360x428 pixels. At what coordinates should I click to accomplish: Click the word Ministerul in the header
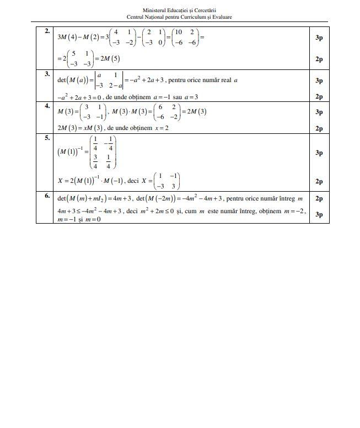154,10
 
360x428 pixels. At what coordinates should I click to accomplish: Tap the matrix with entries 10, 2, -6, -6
185,37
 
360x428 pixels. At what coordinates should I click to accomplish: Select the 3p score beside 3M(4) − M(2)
319,37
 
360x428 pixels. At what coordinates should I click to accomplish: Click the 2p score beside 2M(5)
319,59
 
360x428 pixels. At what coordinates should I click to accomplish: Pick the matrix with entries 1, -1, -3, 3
168,181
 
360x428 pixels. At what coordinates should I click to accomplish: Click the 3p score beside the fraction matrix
319,153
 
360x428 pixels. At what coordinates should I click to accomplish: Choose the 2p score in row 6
319,198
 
